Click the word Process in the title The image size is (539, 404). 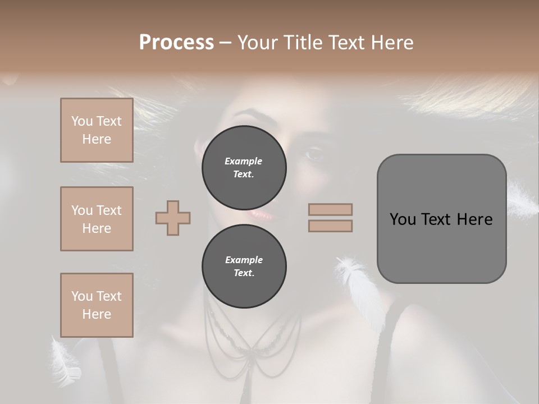(176, 43)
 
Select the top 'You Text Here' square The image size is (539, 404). (97, 130)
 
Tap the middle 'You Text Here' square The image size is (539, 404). (97, 219)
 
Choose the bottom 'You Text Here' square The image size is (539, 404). (97, 305)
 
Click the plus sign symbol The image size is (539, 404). (173, 218)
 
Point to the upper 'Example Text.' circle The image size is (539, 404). (244, 167)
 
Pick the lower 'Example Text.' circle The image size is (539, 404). (244, 266)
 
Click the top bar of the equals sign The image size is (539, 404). (330, 209)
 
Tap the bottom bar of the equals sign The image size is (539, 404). (330, 226)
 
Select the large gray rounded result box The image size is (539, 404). (441, 219)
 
